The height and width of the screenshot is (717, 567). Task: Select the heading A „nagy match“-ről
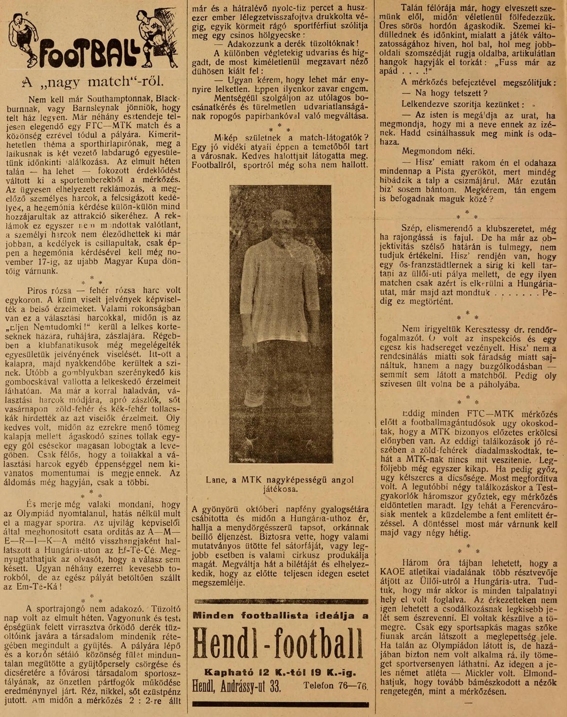[x=93, y=82]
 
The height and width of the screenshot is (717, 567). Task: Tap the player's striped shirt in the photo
[x=280, y=279]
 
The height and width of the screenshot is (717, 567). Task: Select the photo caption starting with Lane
[x=280, y=484]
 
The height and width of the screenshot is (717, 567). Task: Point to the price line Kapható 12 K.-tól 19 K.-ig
[x=280, y=672]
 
